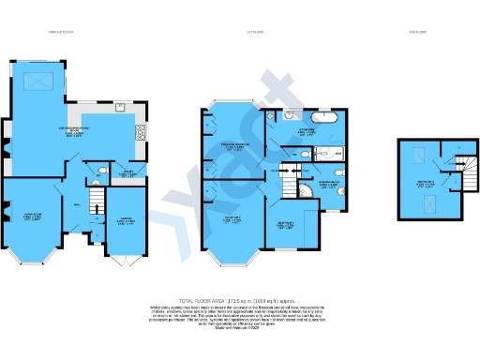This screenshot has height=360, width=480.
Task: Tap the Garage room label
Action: [x=125, y=222]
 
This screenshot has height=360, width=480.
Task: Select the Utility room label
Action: [x=131, y=173]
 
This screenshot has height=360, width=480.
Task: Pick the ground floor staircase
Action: [x=95, y=201]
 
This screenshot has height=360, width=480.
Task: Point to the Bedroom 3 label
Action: [x=288, y=224]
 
